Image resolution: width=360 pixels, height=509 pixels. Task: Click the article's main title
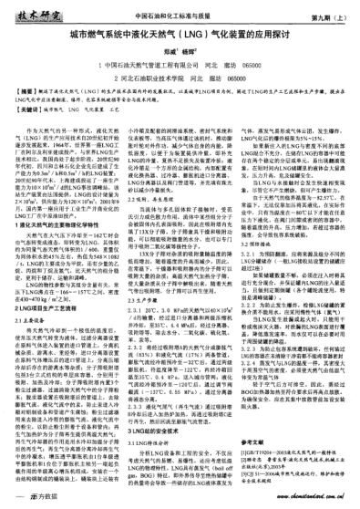tap(179, 40)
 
